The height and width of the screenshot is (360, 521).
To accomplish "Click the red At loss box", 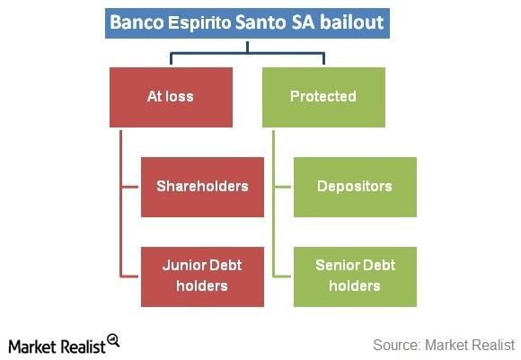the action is coord(171,97).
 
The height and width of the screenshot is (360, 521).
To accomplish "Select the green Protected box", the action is coord(323,97).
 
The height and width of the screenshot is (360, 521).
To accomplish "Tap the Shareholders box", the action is coord(202,187).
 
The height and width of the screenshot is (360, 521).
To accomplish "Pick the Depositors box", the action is coord(355,187).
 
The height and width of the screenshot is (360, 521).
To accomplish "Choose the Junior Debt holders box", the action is coord(202,277).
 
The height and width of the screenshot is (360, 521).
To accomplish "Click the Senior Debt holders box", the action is coord(355,277).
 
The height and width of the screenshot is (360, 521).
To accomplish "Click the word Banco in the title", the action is coord(137,22).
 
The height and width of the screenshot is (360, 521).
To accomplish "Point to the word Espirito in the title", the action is coord(199,23).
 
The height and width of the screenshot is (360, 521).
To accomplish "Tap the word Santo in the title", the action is coord(260,22).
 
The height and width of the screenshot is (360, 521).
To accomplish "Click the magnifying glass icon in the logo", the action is coord(113,340).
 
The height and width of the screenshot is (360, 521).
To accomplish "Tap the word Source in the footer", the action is coord(397,345).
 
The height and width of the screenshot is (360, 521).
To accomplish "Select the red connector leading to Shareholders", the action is coord(130,187).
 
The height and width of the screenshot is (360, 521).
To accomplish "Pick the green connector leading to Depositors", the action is coord(282,187).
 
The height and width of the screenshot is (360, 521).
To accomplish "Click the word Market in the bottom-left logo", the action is coord(33,347).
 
